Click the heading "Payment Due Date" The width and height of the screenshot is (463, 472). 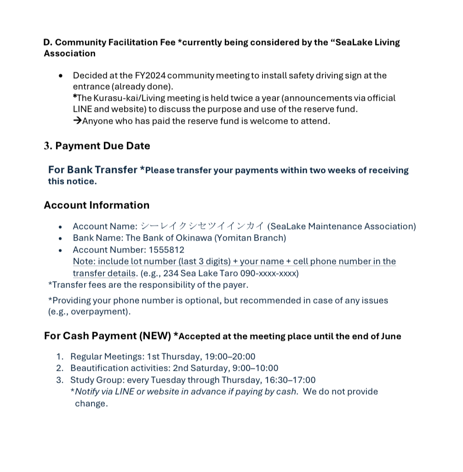tap(103, 146)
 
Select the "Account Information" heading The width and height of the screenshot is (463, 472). tap(97, 205)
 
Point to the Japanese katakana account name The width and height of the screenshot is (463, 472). tap(202, 226)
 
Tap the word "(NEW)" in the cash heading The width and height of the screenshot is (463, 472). tap(155, 336)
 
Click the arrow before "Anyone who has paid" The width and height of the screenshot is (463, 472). tap(77, 121)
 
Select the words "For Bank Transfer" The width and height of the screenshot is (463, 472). tap(92, 170)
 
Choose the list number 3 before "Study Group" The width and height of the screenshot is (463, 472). tap(59, 380)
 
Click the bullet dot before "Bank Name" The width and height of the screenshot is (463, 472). tap(60, 239)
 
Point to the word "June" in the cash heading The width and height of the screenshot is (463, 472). tap(391, 336)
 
